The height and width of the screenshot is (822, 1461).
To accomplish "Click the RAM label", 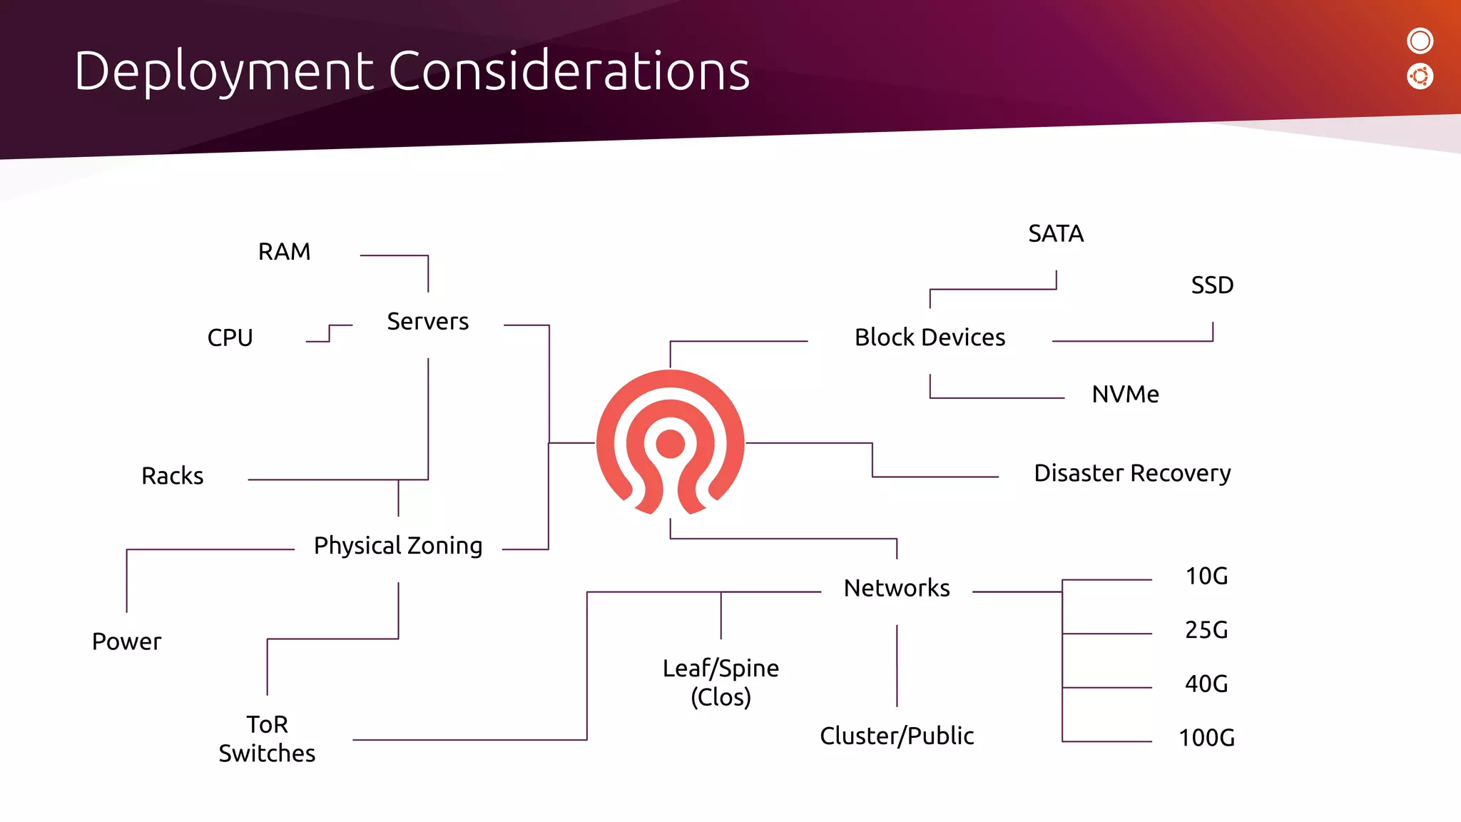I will [284, 252].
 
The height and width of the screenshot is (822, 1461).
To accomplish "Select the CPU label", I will [230, 338].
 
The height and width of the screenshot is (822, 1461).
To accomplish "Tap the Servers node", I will [427, 322].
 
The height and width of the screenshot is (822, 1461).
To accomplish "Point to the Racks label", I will [173, 476].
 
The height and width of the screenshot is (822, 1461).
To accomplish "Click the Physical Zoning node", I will [398, 546].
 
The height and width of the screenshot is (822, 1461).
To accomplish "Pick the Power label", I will [127, 641].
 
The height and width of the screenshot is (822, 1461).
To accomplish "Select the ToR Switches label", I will [267, 739].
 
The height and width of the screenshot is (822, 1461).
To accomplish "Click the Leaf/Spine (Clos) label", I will [721, 682].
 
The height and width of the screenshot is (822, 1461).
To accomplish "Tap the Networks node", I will [897, 589].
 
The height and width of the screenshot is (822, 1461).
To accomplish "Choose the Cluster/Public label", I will [897, 736].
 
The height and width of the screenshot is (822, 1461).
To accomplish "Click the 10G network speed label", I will [1206, 577].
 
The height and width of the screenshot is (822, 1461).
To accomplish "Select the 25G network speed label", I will [1206, 630].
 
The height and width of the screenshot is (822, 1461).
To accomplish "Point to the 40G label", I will [1206, 684].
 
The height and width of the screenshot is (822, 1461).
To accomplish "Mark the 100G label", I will [1206, 738].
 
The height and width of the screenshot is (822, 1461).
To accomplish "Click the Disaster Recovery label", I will [1132, 473].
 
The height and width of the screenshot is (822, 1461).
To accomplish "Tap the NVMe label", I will [1125, 395].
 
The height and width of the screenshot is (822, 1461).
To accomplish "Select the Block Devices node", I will [930, 338].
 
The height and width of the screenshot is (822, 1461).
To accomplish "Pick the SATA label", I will [1056, 234].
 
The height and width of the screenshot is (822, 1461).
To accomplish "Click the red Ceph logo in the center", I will [670, 442].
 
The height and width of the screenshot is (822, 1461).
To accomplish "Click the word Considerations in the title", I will [569, 71].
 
